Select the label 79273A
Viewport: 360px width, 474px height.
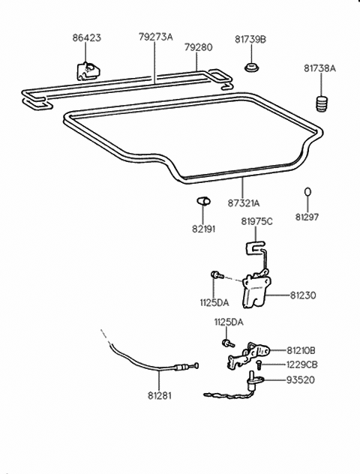[x=155, y=35]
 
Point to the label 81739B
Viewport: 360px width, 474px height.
[x=253, y=39]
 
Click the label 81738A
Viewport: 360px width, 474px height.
[x=319, y=68]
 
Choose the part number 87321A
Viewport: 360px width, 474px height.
[x=243, y=202]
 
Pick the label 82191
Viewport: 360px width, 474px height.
[x=202, y=229]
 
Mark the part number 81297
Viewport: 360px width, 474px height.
[x=306, y=217]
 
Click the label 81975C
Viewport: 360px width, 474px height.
[x=256, y=220]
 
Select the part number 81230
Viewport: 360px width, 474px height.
[x=303, y=295]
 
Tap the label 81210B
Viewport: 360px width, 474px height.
[x=301, y=350]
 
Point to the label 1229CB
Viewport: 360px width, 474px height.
[x=301, y=364]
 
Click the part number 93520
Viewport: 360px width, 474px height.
[x=300, y=380]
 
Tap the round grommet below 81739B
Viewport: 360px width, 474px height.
[x=252, y=69]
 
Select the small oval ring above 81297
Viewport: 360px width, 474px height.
[x=306, y=193]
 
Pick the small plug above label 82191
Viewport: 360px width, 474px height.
[x=199, y=200]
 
